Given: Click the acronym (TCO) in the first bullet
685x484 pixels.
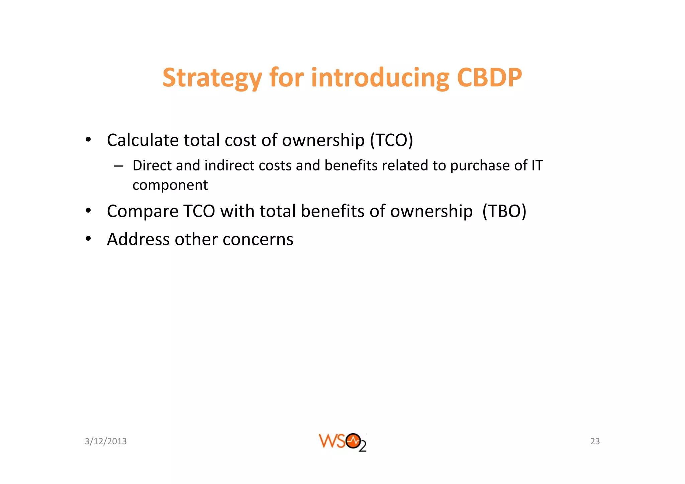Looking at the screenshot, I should pos(391,140).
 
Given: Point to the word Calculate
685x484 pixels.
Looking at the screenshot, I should pos(142,140).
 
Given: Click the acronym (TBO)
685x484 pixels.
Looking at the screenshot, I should pos(504,211).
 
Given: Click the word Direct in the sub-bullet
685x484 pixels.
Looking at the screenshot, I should pos(152,165).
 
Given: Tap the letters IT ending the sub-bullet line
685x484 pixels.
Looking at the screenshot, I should pos(537,165).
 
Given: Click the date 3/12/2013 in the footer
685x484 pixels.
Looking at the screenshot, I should pos(106,441).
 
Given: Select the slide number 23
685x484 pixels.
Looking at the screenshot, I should pos(595,441).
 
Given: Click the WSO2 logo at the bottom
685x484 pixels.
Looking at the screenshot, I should pos(342,442).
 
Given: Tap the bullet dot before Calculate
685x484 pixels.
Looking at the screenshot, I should pos(88,140).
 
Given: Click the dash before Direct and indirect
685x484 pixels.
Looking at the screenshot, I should pos(118,166).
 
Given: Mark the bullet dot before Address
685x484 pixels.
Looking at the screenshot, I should pos(88,239).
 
